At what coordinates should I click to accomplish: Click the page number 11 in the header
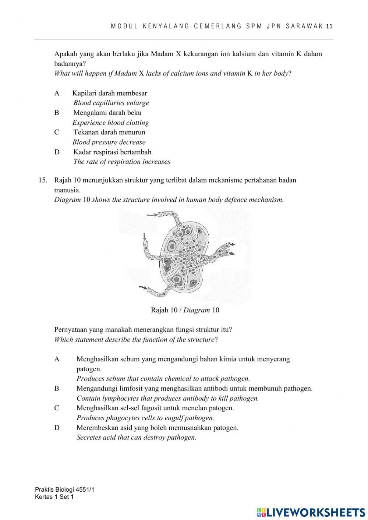pos(329,26)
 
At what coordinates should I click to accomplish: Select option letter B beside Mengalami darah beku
pos(57,113)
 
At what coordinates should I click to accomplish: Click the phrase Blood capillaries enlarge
pos(111,103)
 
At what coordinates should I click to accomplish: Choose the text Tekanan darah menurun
pos(109,132)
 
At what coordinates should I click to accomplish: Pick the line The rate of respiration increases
pos(121,162)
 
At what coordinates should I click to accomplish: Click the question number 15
pos(43,180)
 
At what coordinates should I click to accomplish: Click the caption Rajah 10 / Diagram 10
pos(185,310)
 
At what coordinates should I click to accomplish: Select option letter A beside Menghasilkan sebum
pos(57,359)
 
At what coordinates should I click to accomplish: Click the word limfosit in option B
pos(114,388)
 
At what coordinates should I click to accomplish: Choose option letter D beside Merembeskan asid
pos(57,428)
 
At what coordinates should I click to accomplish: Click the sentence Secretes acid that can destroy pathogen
pos(136,438)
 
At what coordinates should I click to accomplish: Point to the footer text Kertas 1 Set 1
pos(54,497)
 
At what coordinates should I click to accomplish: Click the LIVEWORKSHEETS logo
pos(311,512)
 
